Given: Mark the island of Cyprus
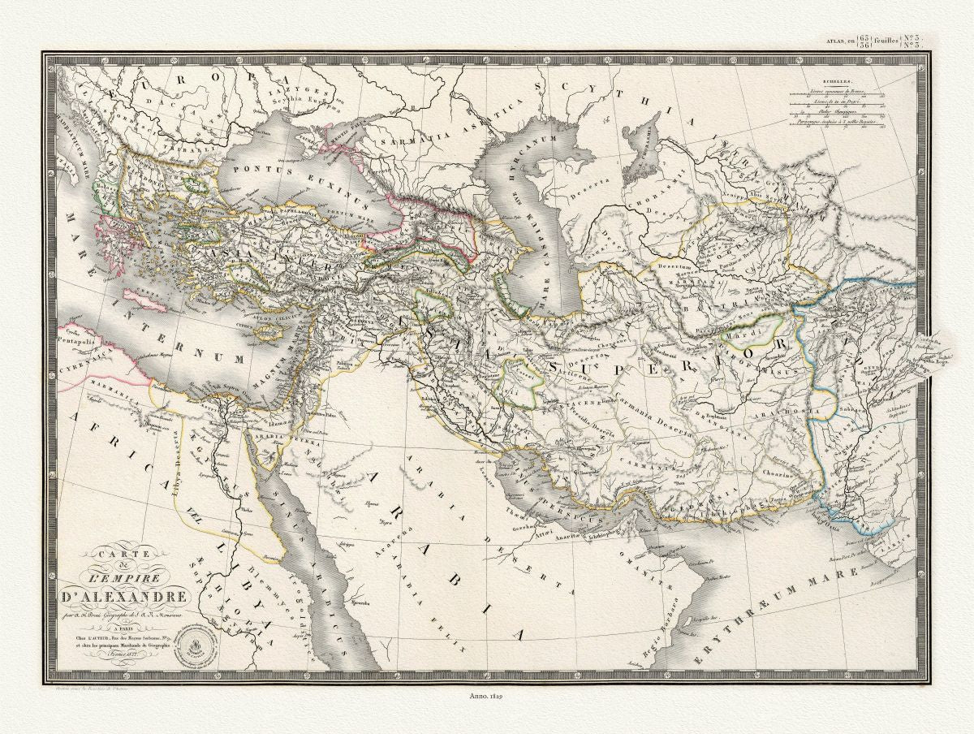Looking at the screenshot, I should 265,330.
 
